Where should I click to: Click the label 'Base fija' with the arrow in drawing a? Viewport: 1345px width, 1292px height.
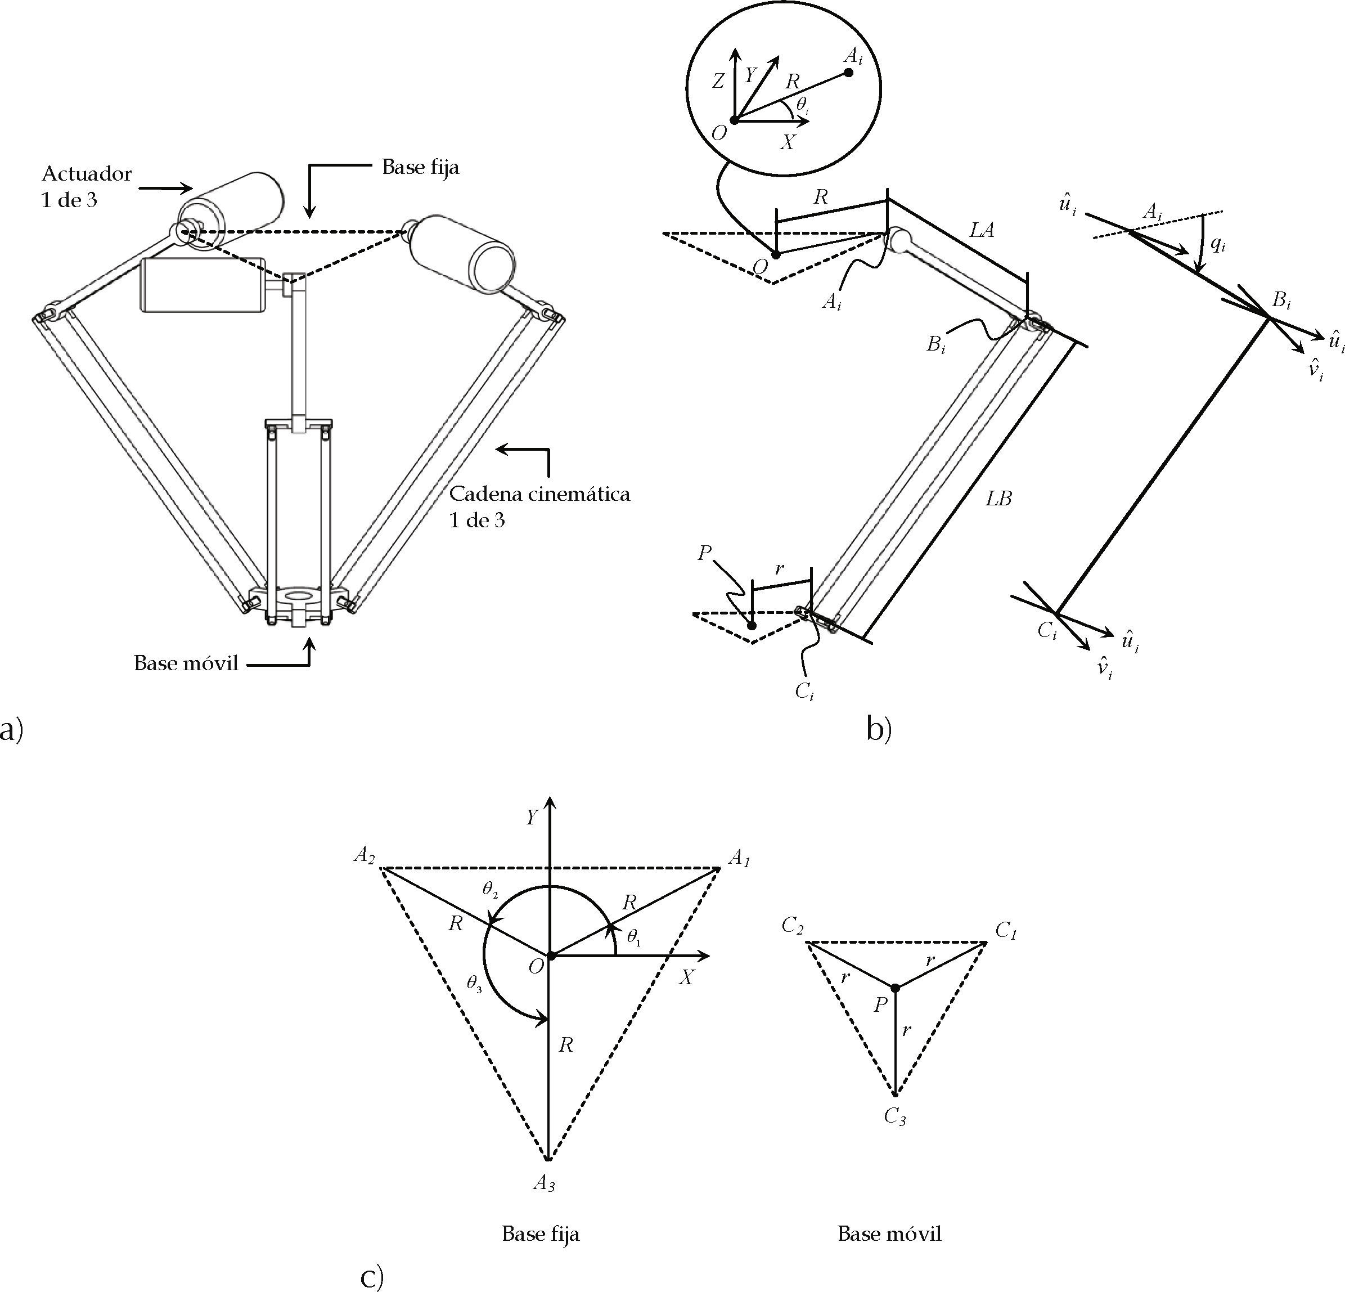coord(420,168)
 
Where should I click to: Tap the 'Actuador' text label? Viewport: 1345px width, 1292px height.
coord(87,174)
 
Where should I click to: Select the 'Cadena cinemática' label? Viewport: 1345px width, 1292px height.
coord(539,494)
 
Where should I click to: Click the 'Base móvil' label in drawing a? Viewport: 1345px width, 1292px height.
coord(186,663)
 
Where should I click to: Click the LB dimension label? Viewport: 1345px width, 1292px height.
coord(998,499)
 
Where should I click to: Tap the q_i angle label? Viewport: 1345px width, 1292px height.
coord(1217,243)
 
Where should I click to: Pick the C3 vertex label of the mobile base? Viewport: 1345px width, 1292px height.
coord(895,1116)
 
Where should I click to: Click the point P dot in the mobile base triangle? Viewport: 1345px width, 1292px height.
coord(895,987)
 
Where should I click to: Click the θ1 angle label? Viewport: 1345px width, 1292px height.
coord(633,936)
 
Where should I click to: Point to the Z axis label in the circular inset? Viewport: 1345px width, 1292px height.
coord(718,82)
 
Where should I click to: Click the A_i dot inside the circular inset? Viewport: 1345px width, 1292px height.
coord(849,73)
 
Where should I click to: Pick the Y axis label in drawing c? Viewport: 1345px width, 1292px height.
coord(531,817)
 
